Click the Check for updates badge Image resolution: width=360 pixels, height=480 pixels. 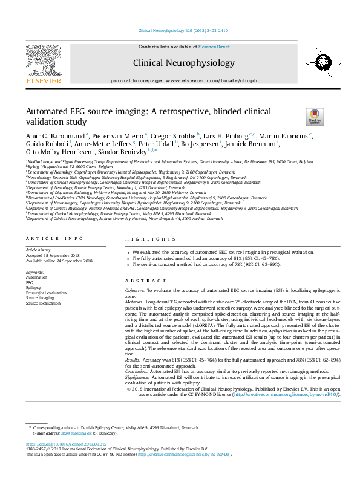pyautogui.click(x=315, y=117)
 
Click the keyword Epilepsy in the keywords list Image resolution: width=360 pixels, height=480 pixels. pyautogui.click(x=33, y=288)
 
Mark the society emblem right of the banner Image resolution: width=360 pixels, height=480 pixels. pyautogui.click(x=316, y=62)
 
